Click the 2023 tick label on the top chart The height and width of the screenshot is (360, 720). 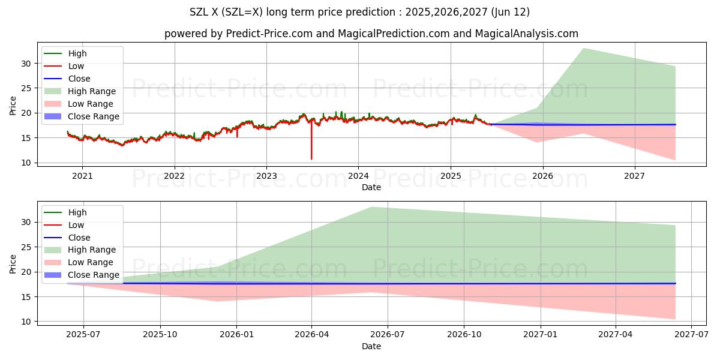(x=266, y=176)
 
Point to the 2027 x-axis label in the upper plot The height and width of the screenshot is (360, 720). (x=634, y=176)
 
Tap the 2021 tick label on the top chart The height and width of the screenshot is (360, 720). (x=82, y=176)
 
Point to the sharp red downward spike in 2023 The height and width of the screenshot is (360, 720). (x=311, y=158)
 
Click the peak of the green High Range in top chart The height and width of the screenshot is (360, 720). (x=583, y=49)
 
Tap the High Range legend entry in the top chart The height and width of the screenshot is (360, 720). (x=92, y=91)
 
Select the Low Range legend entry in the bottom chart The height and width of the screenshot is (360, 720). (x=90, y=262)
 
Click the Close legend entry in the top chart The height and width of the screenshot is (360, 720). (x=79, y=79)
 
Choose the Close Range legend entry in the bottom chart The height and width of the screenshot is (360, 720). (x=93, y=275)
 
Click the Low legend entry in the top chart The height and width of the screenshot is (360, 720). (x=76, y=66)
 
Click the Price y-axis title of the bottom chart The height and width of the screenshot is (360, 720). (x=13, y=263)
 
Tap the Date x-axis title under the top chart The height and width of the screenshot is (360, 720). (x=371, y=187)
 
